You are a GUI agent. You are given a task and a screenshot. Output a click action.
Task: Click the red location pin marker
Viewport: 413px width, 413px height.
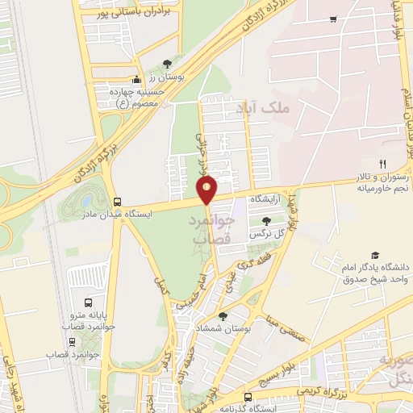point(207,190)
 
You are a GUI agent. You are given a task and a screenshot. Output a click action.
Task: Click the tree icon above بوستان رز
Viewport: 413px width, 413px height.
point(167,63)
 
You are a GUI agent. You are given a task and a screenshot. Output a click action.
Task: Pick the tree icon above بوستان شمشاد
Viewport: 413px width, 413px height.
point(223,317)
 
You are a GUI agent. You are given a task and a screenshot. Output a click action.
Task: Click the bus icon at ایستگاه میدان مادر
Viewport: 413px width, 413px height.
point(118,202)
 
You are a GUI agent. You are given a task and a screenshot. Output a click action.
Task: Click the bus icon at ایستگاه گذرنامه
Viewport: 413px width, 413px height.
point(248,397)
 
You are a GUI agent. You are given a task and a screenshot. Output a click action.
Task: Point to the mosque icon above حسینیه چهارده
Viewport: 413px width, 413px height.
point(136,80)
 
